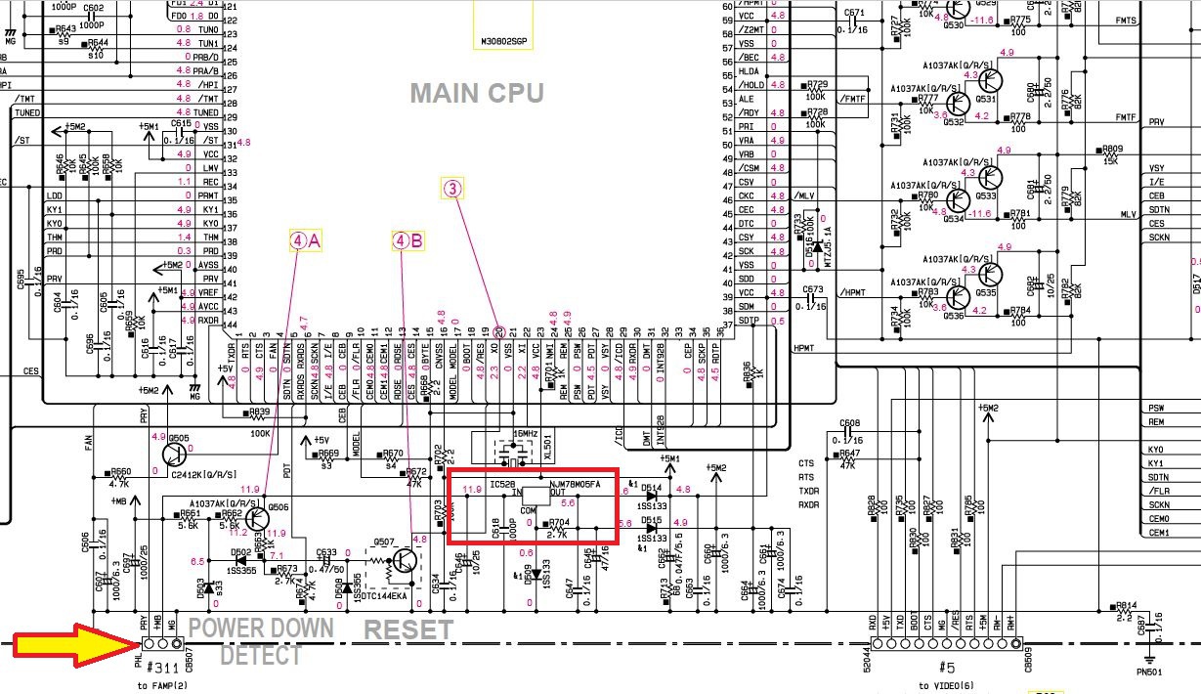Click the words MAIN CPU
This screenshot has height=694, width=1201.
(476, 93)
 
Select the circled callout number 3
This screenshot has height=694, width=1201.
(452, 190)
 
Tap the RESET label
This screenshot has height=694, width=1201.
(408, 630)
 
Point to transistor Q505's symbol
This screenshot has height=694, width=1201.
(177, 455)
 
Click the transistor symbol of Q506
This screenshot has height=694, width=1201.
(255, 519)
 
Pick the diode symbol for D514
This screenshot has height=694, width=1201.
(652, 496)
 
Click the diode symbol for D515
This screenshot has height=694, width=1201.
(652, 529)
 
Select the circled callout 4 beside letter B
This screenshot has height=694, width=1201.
(400, 239)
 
